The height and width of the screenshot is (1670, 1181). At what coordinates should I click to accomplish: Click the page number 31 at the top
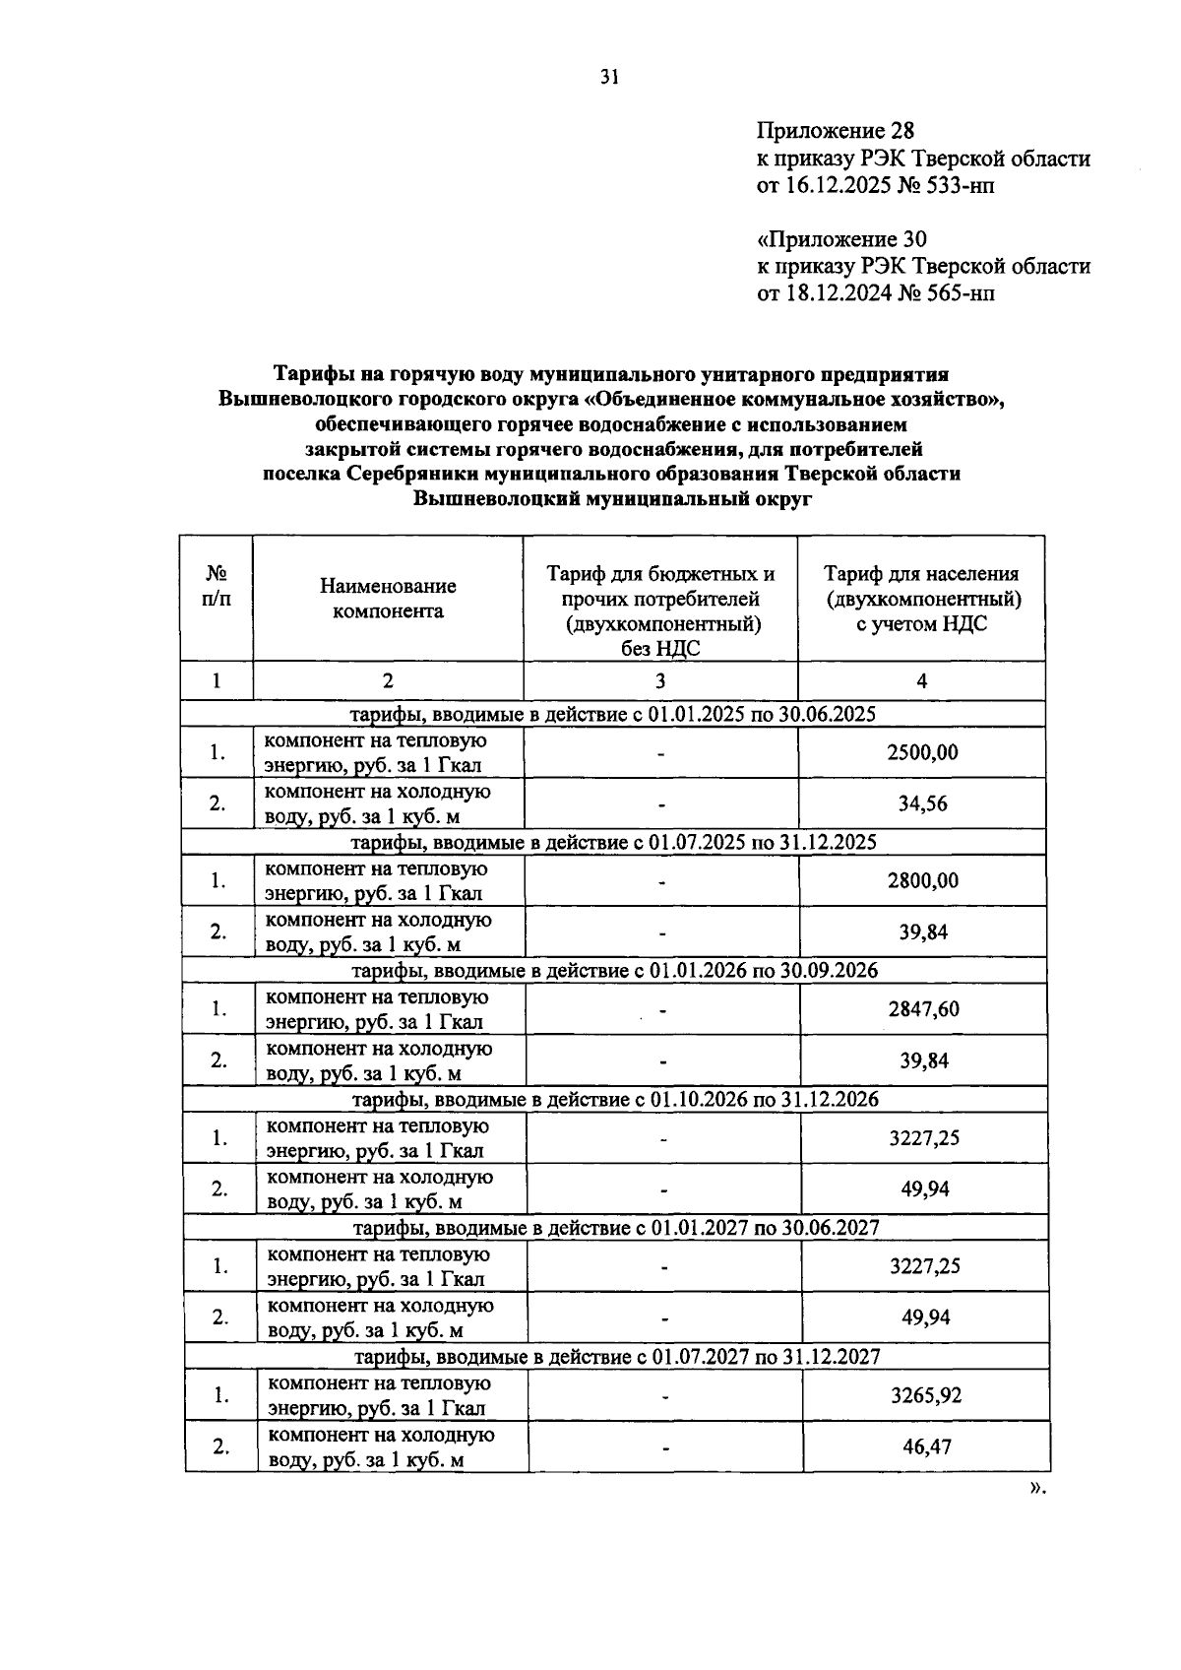tap(608, 78)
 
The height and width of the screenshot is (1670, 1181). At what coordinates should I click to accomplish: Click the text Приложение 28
tap(836, 131)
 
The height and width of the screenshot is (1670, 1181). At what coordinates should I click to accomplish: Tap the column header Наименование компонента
tap(388, 599)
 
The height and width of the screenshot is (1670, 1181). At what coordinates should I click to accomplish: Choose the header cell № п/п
tap(217, 587)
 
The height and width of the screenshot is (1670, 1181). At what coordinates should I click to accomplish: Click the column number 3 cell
tap(660, 680)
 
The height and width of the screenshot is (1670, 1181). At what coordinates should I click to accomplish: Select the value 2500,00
tap(922, 753)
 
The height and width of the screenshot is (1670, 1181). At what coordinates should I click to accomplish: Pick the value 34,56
tap(922, 803)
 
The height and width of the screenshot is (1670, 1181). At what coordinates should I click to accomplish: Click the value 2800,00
tap(922, 881)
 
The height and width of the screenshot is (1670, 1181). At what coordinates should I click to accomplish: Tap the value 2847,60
tap(923, 1009)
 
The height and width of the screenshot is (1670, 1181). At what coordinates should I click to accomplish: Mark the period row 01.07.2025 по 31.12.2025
tap(614, 843)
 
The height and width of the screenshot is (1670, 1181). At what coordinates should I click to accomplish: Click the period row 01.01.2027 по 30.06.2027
tap(616, 1228)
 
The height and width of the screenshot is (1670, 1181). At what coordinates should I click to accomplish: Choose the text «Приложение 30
tap(841, 239)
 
